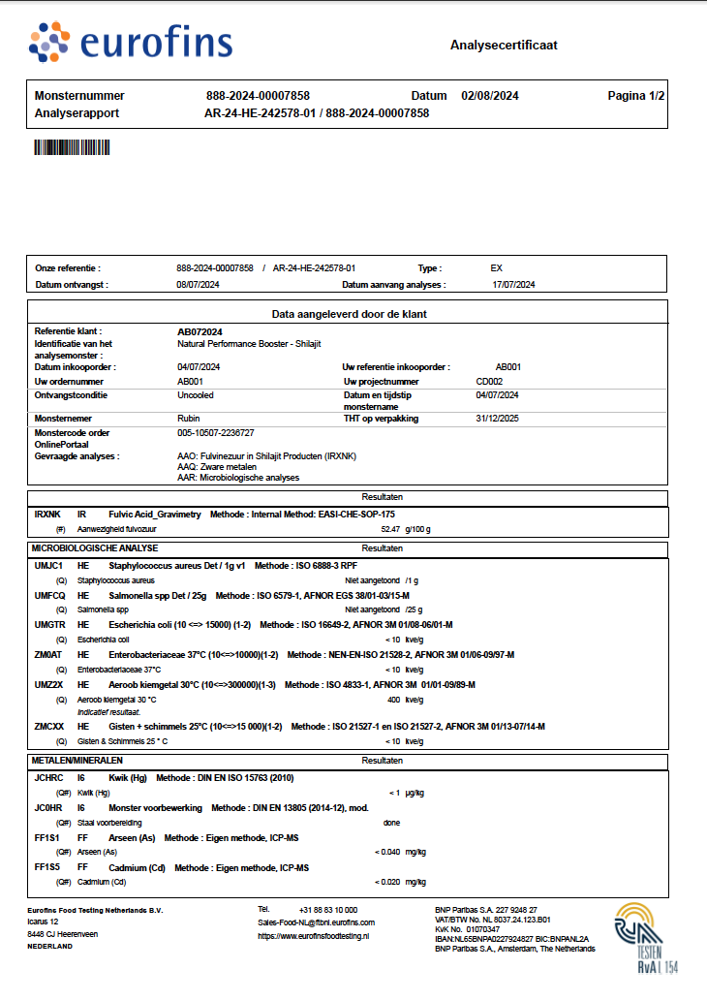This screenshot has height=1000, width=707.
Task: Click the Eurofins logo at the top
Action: [x=130, y=42]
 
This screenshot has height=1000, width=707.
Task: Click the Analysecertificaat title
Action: [x=504, y=46]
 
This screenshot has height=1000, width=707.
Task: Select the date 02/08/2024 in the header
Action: [x=490, y=96]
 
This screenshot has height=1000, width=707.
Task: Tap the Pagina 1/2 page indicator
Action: [x=635, y=96]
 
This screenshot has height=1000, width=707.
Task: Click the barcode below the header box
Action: [x=74, y=147]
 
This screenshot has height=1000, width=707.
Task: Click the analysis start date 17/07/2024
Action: [x=513, y=285]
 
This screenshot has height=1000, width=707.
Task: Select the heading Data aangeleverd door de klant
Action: [x=349, y=314]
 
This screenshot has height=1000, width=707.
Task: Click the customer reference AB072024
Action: [x=200, y=331]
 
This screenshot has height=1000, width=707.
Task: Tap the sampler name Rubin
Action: [x=188, y=419]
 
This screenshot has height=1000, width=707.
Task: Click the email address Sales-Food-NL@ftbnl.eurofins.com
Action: [x=316, y=922]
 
